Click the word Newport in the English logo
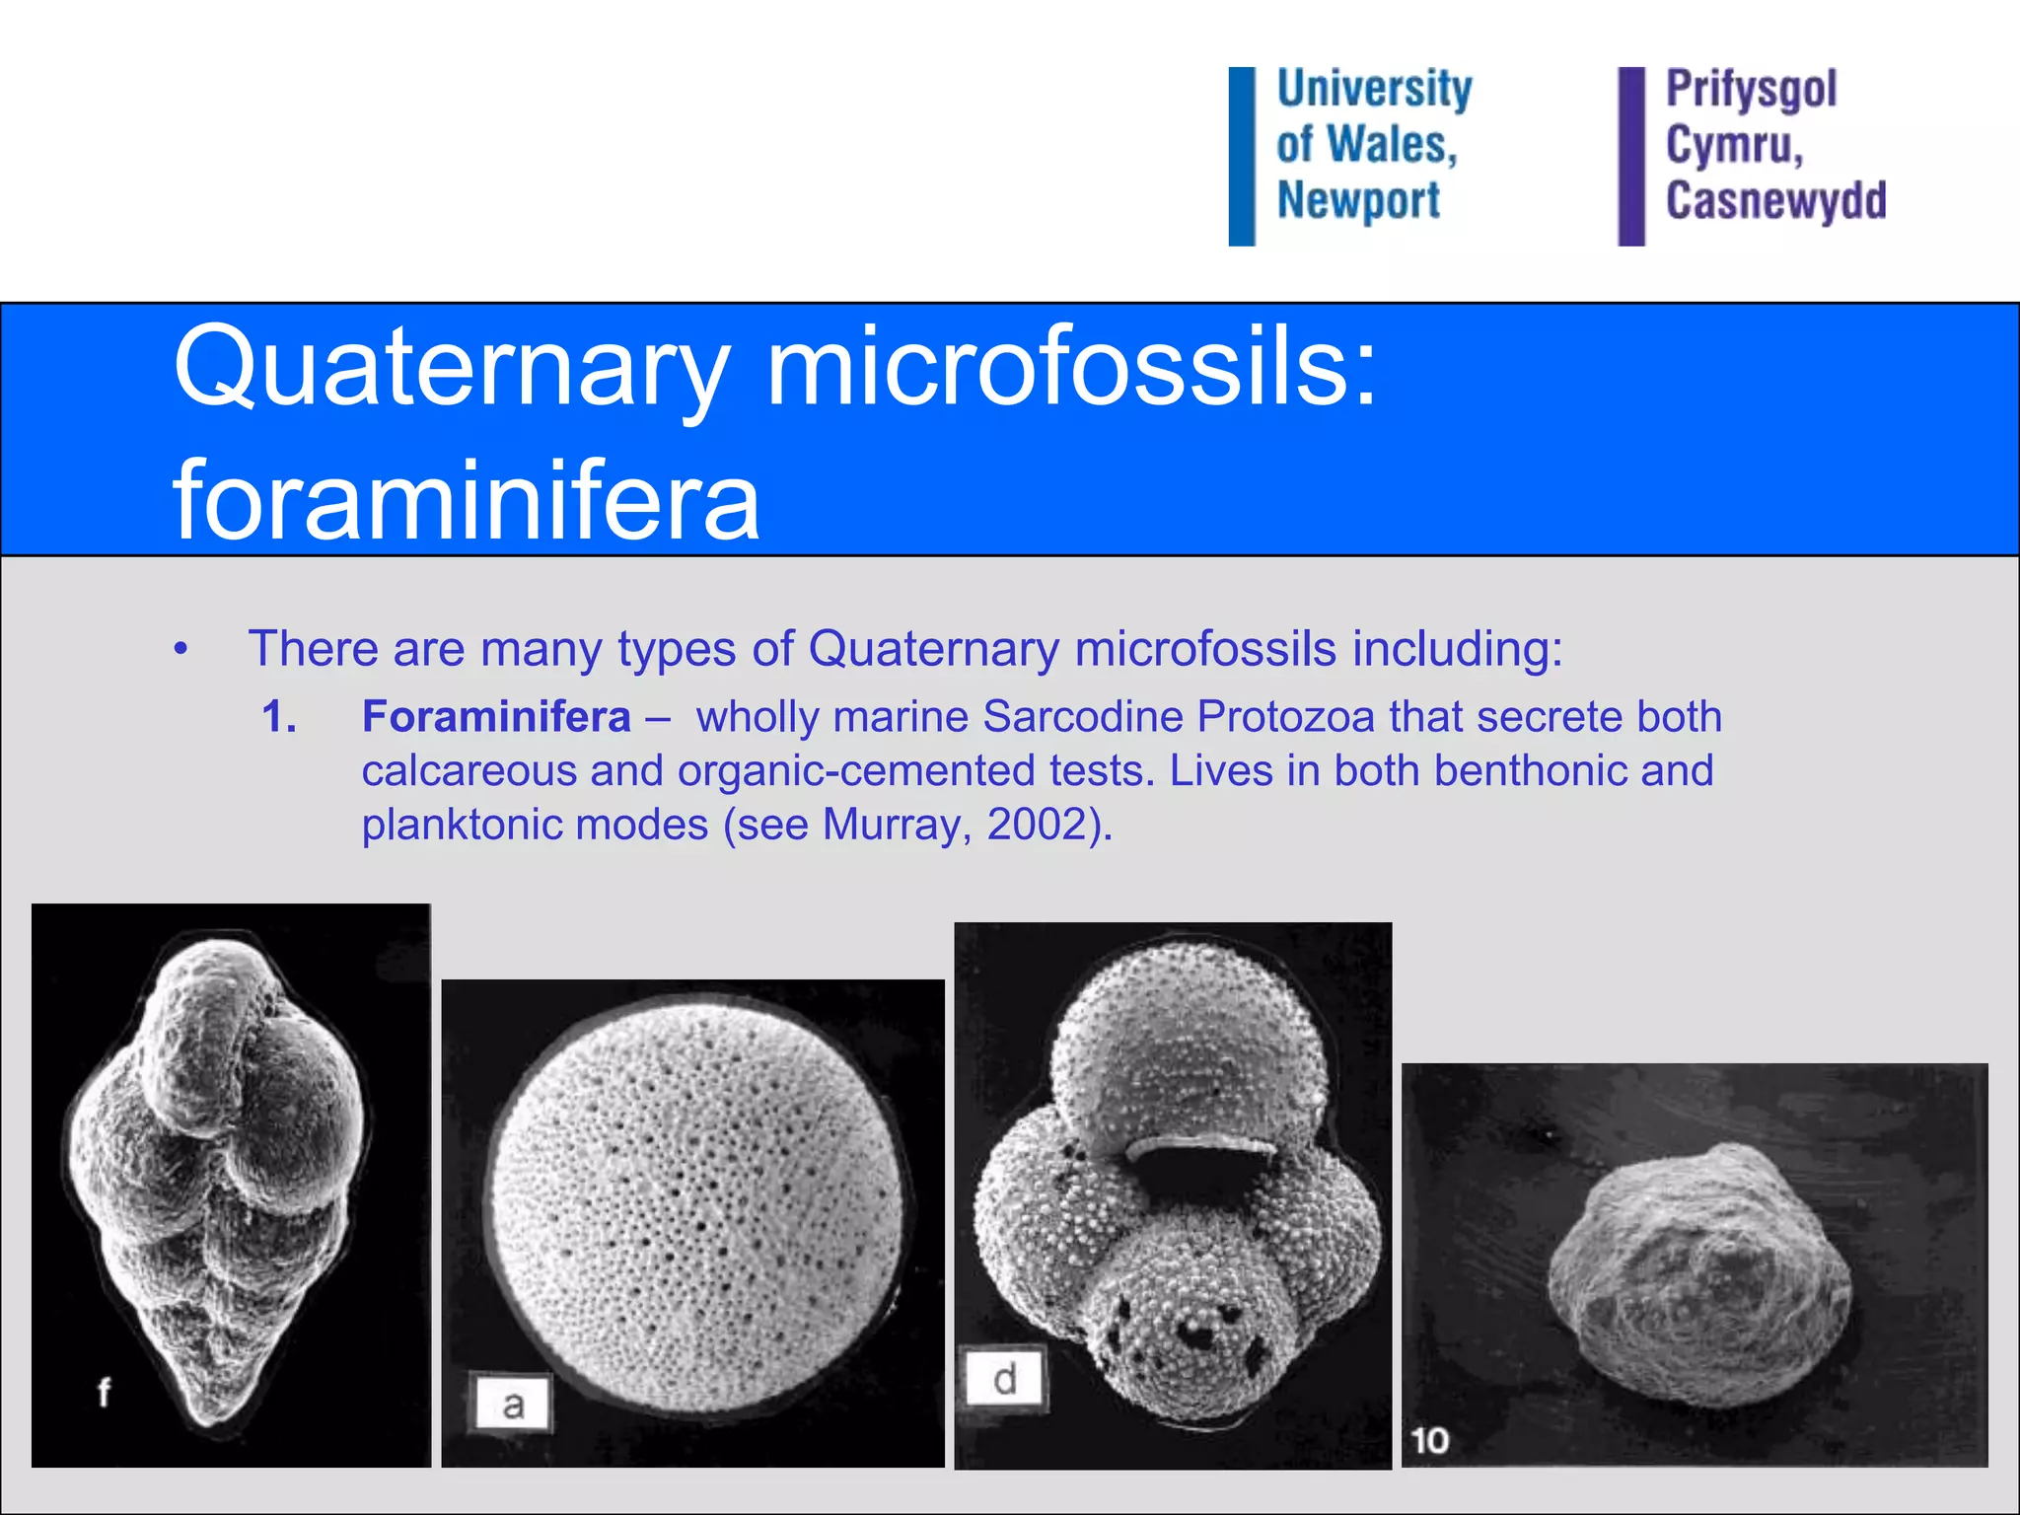click(1358, 200)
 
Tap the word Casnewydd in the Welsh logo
click(1775, 200)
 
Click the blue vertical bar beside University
click(1241, 156)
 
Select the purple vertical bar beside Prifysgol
click(1631, 156)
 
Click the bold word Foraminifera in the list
click(496, 716)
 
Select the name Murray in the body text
click(890, 824)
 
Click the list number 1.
click(278, 716)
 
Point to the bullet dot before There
click(180, 650)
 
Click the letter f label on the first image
click(104, 1392)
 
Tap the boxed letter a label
click(512, 1404)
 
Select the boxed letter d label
click(1004, 1379)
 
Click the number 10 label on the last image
click(1429, 1441)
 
